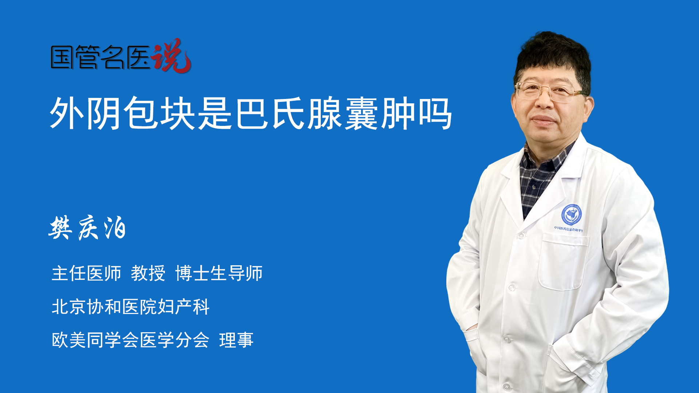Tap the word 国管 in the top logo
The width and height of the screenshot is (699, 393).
pyautogui.click(x=75, y=57)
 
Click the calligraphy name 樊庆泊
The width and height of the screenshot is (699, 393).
pyautogui.click(x=87, y=228)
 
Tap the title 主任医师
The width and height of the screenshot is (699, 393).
pyautogui.click(x=86, y=273)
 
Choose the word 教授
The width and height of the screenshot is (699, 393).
pyautogui.click(x=148, y=273)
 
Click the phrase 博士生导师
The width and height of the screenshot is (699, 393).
pyautogui.click(x=219, y=273)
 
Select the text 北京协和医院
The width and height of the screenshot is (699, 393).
pyautogui.click(x=104, y=307)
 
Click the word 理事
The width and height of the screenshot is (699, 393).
pyautogui.click(x=236, y=340)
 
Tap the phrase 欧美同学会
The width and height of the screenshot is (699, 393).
pyautogui.click(x=95, y=340)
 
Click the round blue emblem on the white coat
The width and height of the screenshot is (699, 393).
pyautogui.click(x=571, y=215)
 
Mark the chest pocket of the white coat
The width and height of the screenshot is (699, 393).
pyautogui.click(x=562, y=261)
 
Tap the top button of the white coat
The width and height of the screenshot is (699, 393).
pyautogui.click(x=521, y=236)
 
